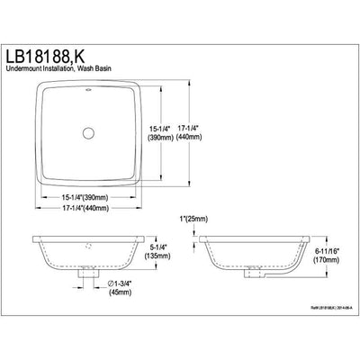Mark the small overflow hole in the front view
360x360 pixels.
pos(89,244)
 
